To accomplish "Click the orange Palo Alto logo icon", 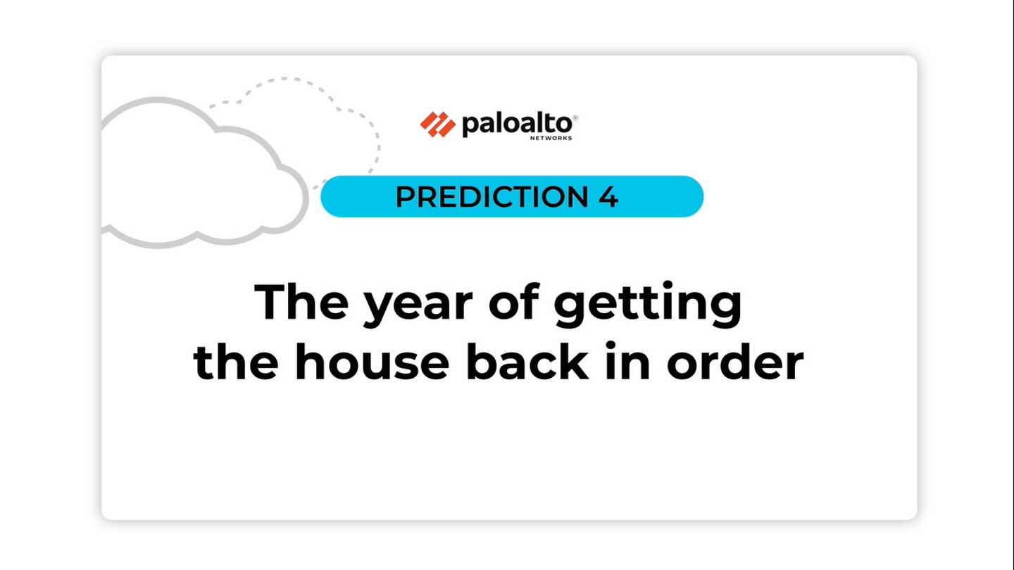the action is click(x=438, y=125).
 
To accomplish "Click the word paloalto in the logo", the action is click(x=517, y=125).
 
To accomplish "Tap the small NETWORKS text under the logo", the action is click(x=551, y=138).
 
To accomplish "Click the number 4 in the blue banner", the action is click(x=608, y=197).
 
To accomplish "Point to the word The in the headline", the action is click(x=301, y=301).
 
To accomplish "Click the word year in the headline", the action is click(x=418, y=307).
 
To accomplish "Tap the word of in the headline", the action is click(x=514, y=301).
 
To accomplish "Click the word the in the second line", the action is click(x=235, y=361).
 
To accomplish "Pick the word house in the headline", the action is click(x=372, y=361).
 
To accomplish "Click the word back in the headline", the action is click(x=527, y=361).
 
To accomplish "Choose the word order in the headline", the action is click(x=735, y=361).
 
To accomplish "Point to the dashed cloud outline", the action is click(x=284, y=79).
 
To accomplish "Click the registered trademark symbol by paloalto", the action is click(x=575, y=118).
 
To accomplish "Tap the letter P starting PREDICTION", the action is click(x=405, y=197).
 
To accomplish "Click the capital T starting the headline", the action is click(x=270, y=302).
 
